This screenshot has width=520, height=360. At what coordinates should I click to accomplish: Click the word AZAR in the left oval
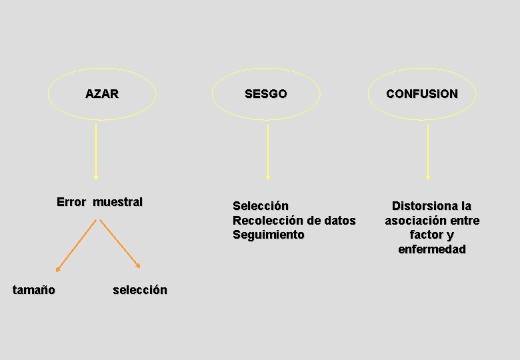click(102, 94)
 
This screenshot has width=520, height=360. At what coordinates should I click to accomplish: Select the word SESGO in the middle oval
click(265, 94)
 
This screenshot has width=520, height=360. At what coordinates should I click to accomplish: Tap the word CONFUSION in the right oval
click(422, 94)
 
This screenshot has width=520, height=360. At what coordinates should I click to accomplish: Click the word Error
click(71, 202)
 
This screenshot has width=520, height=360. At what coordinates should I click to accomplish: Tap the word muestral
click(118, 202)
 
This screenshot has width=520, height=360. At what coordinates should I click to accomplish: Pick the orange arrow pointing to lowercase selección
click(120, 245)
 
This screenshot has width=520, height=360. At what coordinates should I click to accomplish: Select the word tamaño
click(34, 289)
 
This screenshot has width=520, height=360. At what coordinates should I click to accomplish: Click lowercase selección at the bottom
click(140, 290)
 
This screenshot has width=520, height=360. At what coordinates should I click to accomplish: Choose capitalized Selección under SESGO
click(261, 206)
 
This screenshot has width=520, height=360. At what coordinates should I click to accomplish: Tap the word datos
click(339, 221)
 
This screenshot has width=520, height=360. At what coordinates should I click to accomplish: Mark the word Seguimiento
click(268, 235)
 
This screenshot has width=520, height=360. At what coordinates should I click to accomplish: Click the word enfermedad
click(432, 249)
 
